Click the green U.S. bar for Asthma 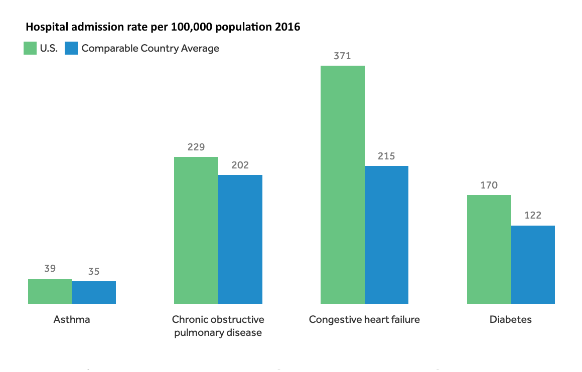[50, 291]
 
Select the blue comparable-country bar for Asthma [94, 292]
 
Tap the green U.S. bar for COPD [196, 230]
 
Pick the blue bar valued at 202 [240, 239]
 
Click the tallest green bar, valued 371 [343, 184]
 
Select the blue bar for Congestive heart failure [386, 235]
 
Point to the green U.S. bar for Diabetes [489, 249]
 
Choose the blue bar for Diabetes [533, 265]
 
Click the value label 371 [343, 56]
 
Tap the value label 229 [196, 147]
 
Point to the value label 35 [94, 272]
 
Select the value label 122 [533, 216]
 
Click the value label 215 [386, 156]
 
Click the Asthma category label [72, 319]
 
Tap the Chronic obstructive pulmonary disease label [218, 326]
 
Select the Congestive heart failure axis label [364, 319]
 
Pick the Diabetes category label [511, 319]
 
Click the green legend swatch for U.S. [30, 49]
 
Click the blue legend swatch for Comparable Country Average [71, 49]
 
